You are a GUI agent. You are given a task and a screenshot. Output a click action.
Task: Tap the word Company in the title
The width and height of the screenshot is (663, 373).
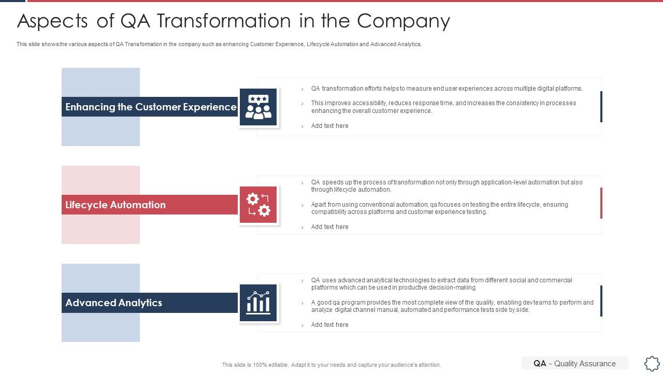(x=403, y=21)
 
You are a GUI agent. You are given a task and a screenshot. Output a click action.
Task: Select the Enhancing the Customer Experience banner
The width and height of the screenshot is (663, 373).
(x=150, y=107)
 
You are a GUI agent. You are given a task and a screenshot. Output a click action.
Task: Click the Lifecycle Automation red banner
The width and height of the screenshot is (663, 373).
(x=150, y=205)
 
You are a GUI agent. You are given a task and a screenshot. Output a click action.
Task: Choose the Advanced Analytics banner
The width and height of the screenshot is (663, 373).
(x=150, y=303)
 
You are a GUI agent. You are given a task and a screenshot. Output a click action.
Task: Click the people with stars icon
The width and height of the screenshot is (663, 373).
(x=258, y=107)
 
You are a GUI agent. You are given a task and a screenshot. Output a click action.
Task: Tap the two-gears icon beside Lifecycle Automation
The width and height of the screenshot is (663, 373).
(x=258, y=205)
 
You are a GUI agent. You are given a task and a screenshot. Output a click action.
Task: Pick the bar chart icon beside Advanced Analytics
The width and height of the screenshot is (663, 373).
(x=258, y=303)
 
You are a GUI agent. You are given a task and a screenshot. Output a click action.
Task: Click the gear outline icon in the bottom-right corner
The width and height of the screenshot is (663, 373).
(x=652, y=363)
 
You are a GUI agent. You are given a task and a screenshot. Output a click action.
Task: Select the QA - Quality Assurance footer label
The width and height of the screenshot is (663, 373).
(x=574, y=364)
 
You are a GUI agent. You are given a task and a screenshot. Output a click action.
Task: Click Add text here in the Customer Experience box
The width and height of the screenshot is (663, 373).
(x=329, y=126)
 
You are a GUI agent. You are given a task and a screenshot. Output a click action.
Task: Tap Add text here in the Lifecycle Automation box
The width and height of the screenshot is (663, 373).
(x=329, y=227)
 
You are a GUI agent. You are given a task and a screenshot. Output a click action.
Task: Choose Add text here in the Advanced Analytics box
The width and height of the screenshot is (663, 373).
(x=329, y=325)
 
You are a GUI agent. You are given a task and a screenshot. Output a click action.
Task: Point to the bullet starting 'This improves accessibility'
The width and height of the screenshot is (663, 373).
(x=443, y=107)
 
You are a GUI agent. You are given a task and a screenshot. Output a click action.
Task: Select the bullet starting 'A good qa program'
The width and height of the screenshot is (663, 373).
(x=452, y=306)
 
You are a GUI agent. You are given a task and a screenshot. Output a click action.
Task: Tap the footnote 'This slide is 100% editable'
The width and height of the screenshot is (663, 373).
(x=331, y=365)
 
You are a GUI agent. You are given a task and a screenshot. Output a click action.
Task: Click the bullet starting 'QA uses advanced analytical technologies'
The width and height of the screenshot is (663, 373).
(x=441, y=284)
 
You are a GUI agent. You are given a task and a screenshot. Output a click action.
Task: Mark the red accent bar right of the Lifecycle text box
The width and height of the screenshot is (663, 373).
(x=601, y=203)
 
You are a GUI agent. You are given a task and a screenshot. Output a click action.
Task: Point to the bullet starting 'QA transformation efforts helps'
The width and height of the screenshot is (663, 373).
(x=446, y=89)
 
